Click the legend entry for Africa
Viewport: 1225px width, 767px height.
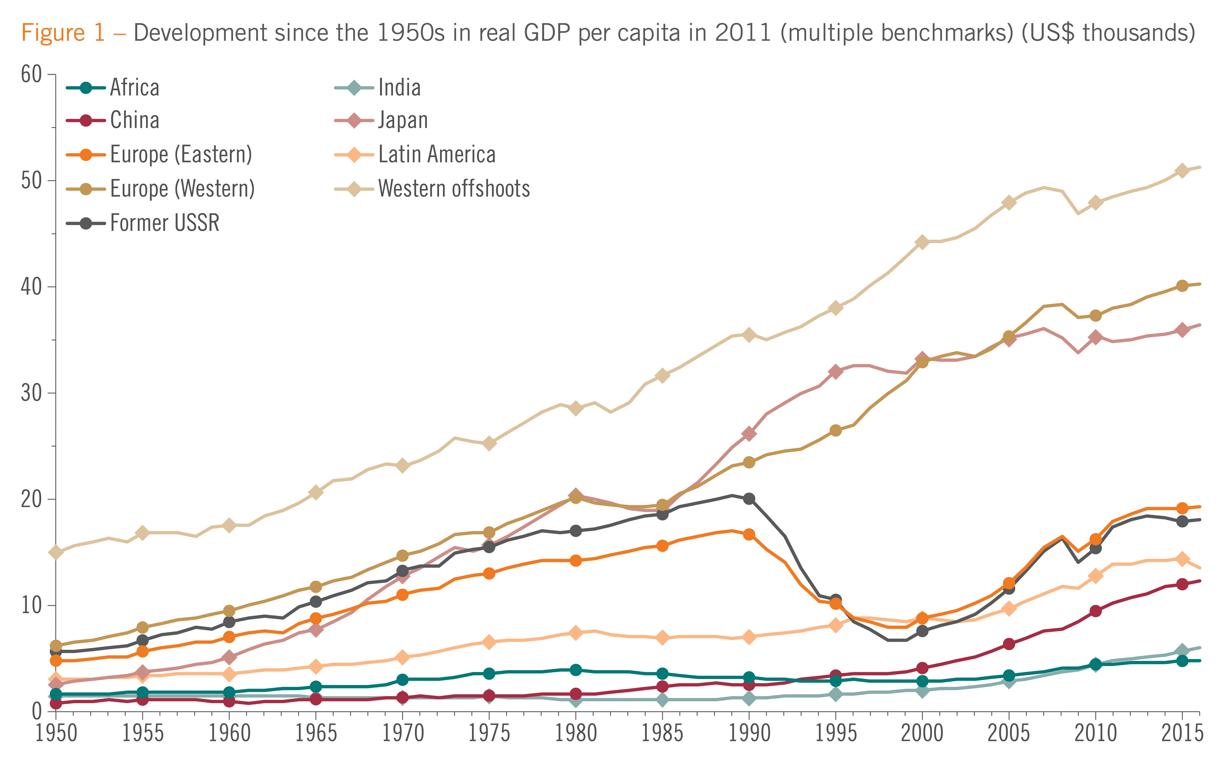(x=134, y=88)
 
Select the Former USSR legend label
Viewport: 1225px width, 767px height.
(x=164, y=223)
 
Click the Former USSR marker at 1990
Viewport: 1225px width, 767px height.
(x=749, y=499)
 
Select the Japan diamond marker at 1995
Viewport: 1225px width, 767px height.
(x=835, y=371)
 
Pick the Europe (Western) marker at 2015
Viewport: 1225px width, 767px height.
(x=1182, y=286)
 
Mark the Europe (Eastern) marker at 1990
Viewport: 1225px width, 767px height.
(x=749, y=534)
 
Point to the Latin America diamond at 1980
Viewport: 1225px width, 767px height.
(x=575, y=633)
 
